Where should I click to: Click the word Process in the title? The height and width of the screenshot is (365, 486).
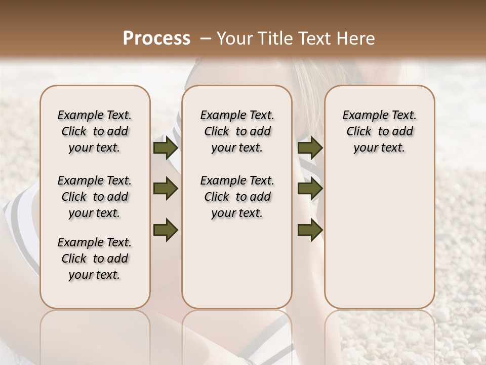(156, 39)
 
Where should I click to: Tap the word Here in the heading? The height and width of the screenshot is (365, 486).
(354, 39)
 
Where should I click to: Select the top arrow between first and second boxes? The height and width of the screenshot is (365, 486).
(166, 148)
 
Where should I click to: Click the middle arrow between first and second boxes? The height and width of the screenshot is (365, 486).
(166, 189)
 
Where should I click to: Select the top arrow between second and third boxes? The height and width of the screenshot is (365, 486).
(310, 148)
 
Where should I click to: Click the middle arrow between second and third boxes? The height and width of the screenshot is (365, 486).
(310, 189)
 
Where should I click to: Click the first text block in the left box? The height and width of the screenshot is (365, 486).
(95, 131)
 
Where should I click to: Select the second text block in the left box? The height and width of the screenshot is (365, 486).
(95, 197)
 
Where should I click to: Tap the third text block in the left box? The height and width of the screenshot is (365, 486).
(95, 259)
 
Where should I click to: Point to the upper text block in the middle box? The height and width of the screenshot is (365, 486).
(237, 131)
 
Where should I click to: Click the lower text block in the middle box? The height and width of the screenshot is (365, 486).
(237, 197)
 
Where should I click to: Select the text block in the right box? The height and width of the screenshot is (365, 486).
(379, 131)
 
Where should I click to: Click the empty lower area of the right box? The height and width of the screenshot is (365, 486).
(379, 238)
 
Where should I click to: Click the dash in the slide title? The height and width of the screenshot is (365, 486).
(205, 39)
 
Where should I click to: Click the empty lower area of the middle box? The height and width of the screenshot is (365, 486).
(237, 264)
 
